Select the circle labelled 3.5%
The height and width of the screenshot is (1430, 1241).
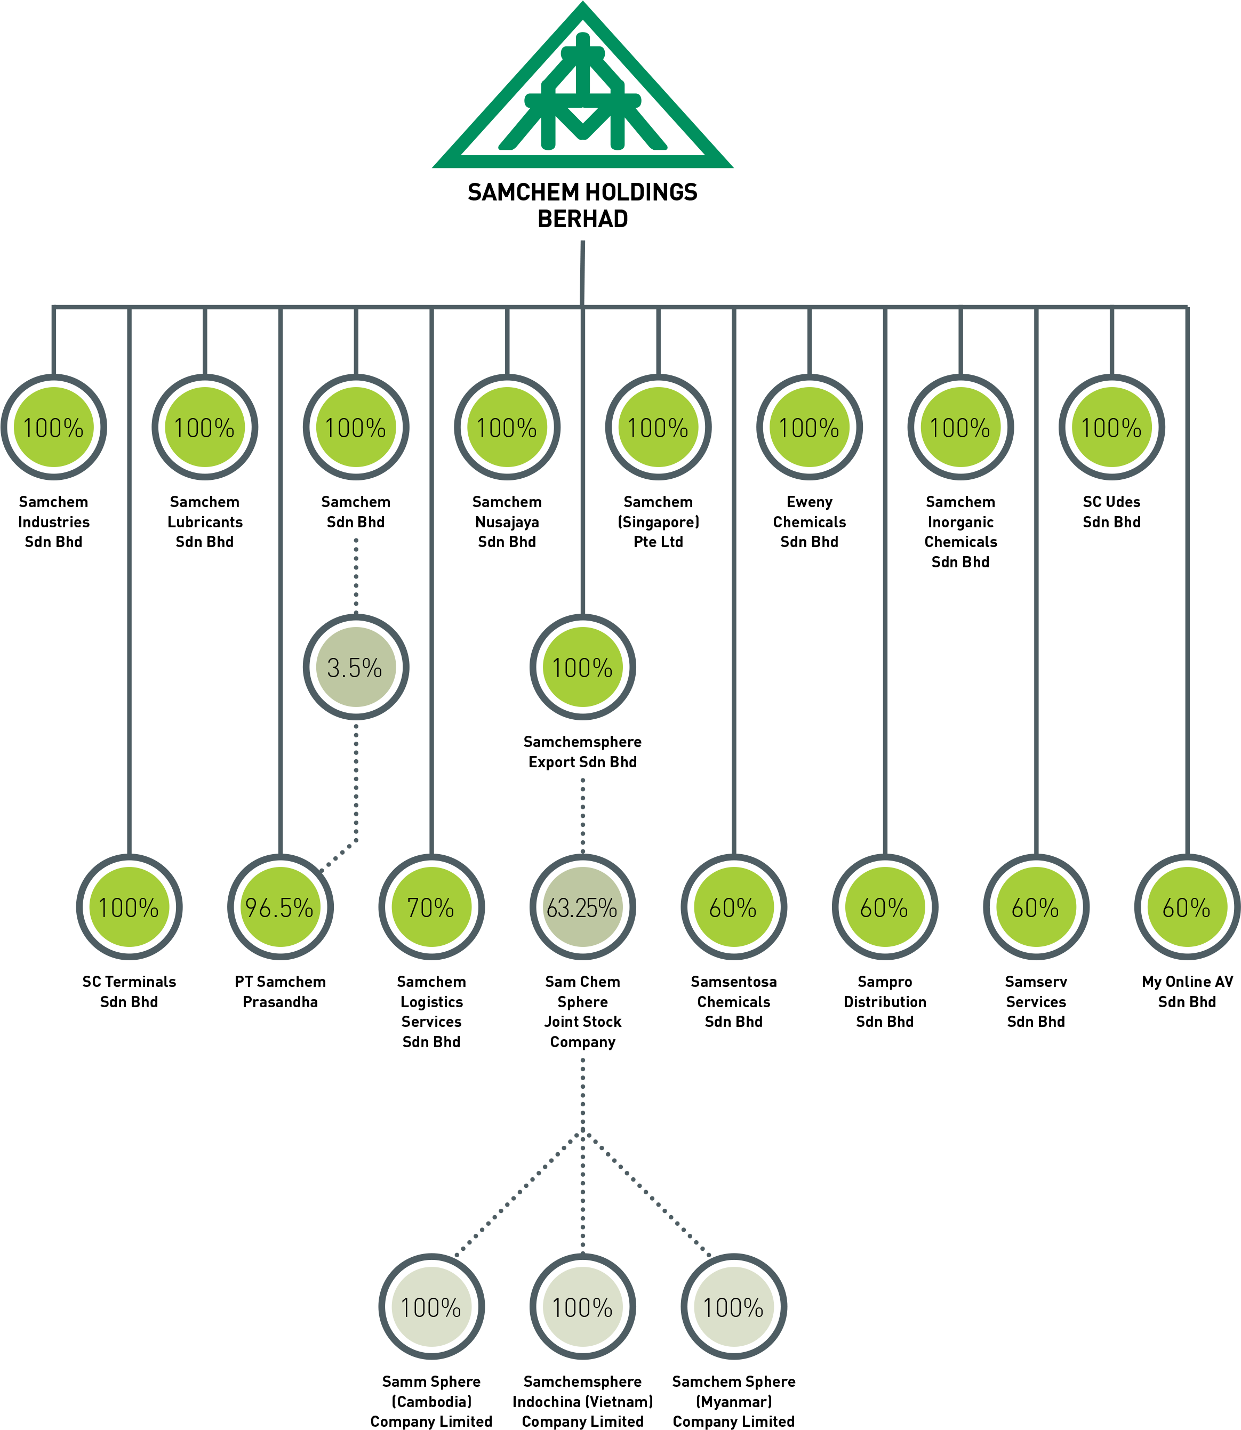click(356, 667)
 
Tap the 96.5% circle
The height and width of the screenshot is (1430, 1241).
click(281, 906)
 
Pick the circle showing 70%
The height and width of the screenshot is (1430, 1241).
click(431, 906)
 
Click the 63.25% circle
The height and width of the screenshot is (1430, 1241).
click(582, 906)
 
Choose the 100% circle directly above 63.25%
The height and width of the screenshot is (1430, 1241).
click(582, 667)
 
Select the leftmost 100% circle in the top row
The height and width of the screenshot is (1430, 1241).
click(54, 427)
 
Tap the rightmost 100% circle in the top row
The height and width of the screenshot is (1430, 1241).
click(1111, 427)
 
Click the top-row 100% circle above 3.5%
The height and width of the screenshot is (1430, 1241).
click(356, 427)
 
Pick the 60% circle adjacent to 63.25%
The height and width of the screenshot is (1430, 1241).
click(733, 906)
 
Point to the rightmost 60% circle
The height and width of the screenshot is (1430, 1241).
click(1187, 906)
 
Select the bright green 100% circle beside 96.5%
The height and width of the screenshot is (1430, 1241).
click(130, 906)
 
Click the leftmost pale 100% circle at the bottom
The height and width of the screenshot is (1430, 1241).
click(431, 1307)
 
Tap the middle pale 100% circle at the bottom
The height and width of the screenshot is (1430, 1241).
click(582, 1307)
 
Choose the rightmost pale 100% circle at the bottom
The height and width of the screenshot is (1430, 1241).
click(733, 1307)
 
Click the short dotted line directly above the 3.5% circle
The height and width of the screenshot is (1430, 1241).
click(356, 575)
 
